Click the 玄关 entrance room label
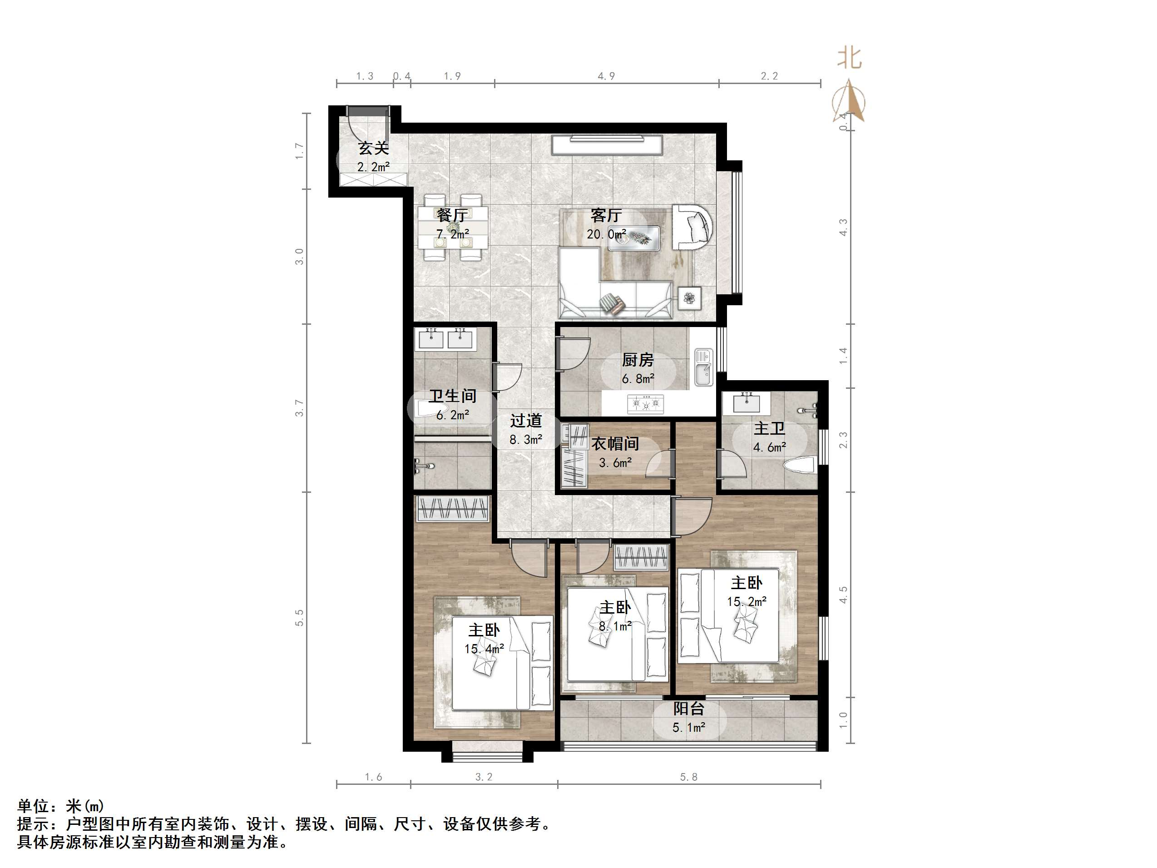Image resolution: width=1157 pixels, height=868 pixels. click(x=373, y=149)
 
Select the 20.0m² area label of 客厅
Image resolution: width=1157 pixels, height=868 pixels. click(x=606, y=234)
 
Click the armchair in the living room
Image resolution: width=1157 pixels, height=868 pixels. click(x=692, y=227)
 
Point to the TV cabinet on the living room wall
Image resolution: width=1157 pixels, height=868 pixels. click(x=607, y=145)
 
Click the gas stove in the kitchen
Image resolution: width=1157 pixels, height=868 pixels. click(x=645, y=404)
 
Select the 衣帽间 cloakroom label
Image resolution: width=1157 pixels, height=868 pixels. click(x=615, y=444)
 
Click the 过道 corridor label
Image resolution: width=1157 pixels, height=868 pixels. click(x=526, y=421)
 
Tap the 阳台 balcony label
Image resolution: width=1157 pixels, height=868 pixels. click(x=688, y=709)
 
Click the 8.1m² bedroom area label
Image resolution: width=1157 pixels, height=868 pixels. click(x=615, y=626)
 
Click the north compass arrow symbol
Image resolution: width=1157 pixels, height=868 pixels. click(x=848, y=100)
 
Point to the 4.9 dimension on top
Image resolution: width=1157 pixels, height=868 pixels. click(x=606, y=76)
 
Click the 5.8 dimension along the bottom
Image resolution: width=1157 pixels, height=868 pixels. click(x=688, y=777)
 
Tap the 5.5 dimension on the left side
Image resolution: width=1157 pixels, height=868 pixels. click(x=299, y=617)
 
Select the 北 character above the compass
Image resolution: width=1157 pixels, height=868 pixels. click(x=850, y=58)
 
